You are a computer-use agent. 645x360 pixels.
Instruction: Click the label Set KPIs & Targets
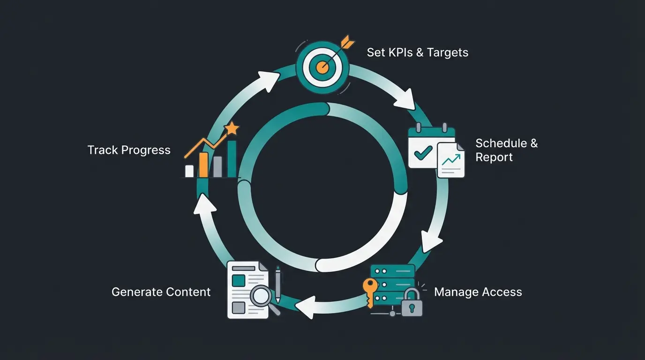point(417,52)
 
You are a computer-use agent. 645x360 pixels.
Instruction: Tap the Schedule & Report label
point(506,150)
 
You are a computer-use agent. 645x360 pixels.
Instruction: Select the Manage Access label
point(478,292)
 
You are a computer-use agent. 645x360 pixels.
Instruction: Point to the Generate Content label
point(161,292)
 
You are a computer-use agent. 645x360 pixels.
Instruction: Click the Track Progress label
point(129,150)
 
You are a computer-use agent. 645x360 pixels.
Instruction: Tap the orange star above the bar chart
point(231,128)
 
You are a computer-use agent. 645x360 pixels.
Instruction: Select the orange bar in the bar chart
point(203,165)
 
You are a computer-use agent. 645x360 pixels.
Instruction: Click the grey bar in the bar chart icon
point(217,166)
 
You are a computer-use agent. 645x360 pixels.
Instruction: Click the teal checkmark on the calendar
point(423,152)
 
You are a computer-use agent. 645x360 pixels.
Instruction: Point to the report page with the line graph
point(450,161)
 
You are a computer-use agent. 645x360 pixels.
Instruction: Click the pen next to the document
point(277,284)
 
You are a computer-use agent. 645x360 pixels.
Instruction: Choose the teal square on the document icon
point(239,281)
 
